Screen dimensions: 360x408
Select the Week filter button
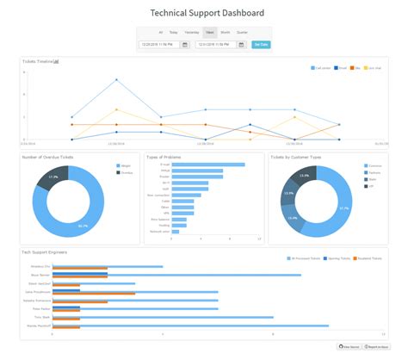pos(209,32)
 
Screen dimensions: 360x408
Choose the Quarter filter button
pos(242,32)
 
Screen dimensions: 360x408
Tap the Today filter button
pos(175,32)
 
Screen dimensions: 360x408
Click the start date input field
pos(159,44)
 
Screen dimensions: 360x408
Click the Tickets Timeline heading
pos(40,62)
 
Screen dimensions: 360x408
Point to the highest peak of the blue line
pos(116,80)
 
